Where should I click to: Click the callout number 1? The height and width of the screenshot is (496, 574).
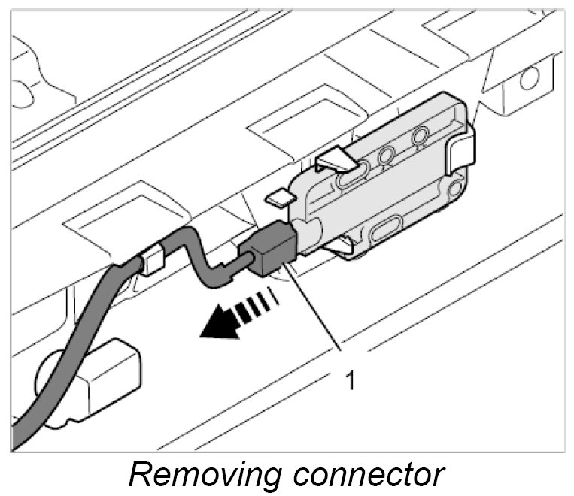[349, 380]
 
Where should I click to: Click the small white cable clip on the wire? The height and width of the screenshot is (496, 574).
[152, 261]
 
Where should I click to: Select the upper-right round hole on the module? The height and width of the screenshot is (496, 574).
[421, 136]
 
